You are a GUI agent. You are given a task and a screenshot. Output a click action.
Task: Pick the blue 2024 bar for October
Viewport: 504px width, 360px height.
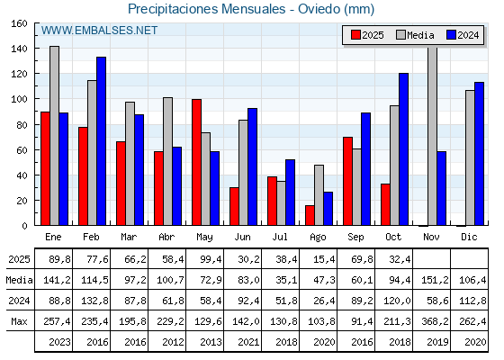[x=404, y=148]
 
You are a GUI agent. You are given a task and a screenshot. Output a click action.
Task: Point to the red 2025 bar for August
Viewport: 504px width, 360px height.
[x=310, y=215]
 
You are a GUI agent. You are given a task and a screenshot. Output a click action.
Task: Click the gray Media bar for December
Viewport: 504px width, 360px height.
[x=470, y=157]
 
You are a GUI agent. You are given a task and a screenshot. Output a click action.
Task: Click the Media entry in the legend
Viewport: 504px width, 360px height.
[x=416, y=35]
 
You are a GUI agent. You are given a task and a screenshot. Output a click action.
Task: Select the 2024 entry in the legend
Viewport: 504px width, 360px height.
[x=463, y=35]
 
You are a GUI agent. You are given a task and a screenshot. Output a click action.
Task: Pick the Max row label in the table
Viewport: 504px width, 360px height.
[x=17, y=321]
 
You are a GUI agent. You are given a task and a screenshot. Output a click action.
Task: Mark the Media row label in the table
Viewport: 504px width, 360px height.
[x=17, y=280]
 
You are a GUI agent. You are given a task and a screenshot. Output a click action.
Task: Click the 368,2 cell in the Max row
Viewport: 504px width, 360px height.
[x=433, y=321]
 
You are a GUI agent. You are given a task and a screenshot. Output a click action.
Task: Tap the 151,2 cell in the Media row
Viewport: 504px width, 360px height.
[x=433, y=280]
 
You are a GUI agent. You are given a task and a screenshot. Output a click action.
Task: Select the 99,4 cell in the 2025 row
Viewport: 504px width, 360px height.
[x=206, y=259]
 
